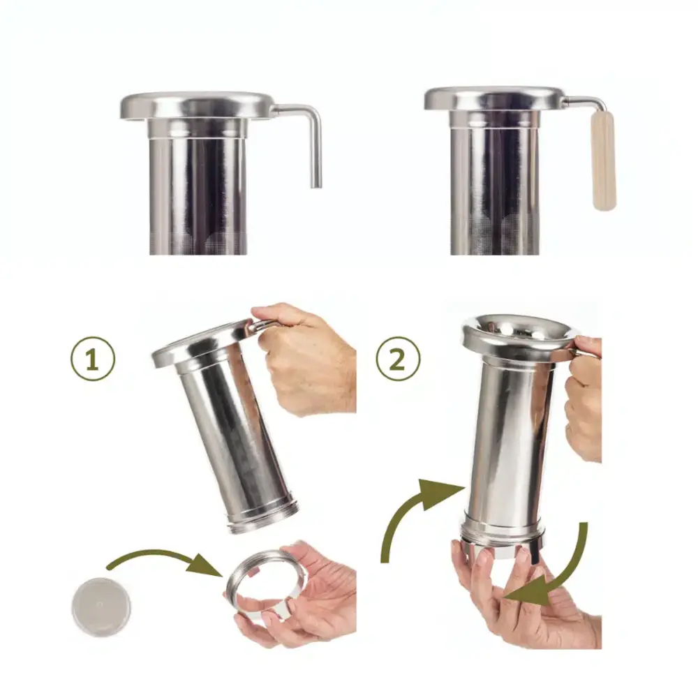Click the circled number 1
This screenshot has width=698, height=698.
(93, 358)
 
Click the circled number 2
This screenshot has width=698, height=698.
(398, 358)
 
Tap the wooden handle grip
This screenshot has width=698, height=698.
(604, 161)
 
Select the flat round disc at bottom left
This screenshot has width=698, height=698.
(101, 607)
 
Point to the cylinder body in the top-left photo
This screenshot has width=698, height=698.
(198, 196)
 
